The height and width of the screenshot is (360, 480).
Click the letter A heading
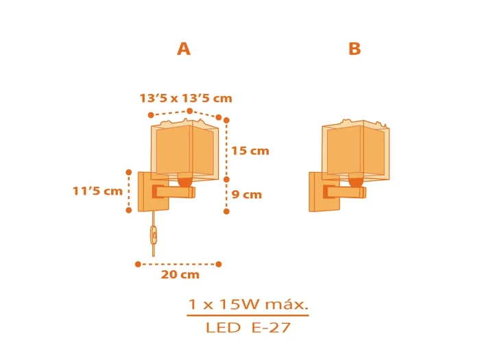pos(184,49)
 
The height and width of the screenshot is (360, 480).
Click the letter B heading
pos(355,49)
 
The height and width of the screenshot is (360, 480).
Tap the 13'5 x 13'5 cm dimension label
pos(186,98)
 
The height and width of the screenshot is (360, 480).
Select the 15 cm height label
pos(250,151)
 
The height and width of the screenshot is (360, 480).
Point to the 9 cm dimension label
pos(247,194)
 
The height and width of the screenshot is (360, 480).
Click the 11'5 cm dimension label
pos(97,191)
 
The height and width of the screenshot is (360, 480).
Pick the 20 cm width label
pos(180,274)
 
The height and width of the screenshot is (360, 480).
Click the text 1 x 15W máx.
pos(248,304)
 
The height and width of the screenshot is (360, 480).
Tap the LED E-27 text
pos(248,328)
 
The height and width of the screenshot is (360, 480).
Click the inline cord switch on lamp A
pos(154,235)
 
